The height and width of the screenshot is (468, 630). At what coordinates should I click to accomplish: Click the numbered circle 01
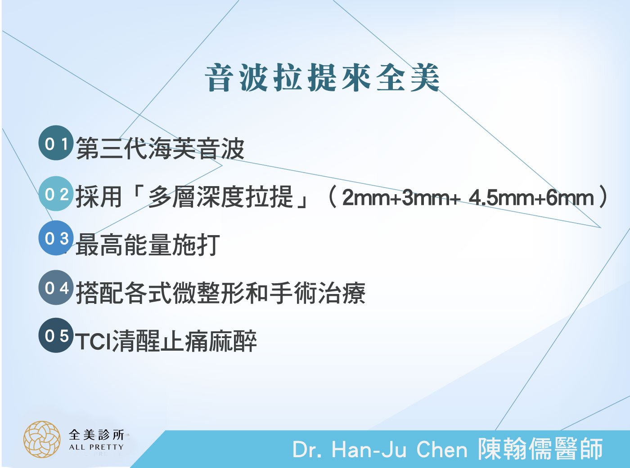56,143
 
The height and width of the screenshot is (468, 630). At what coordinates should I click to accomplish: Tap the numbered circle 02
56,194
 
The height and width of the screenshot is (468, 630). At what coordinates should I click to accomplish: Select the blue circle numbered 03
56,238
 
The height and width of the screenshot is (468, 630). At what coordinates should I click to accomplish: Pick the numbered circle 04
56,287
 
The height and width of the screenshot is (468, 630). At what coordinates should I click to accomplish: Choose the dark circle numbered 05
56,335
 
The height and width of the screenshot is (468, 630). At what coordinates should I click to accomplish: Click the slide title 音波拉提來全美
322,78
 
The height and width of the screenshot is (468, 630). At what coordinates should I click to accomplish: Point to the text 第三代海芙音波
160,148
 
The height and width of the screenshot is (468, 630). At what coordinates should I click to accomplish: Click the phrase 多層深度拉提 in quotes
220,196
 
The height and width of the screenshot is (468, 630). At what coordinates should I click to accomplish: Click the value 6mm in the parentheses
570,198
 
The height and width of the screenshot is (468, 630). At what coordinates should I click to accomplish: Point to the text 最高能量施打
148,245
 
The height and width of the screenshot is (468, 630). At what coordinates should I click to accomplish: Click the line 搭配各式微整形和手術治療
220,293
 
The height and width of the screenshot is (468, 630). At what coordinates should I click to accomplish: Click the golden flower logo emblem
42,439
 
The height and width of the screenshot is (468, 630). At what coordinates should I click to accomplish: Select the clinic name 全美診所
97,435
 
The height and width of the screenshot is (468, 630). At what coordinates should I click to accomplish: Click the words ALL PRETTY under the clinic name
96,447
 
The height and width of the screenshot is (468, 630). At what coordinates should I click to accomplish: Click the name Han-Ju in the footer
369,450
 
